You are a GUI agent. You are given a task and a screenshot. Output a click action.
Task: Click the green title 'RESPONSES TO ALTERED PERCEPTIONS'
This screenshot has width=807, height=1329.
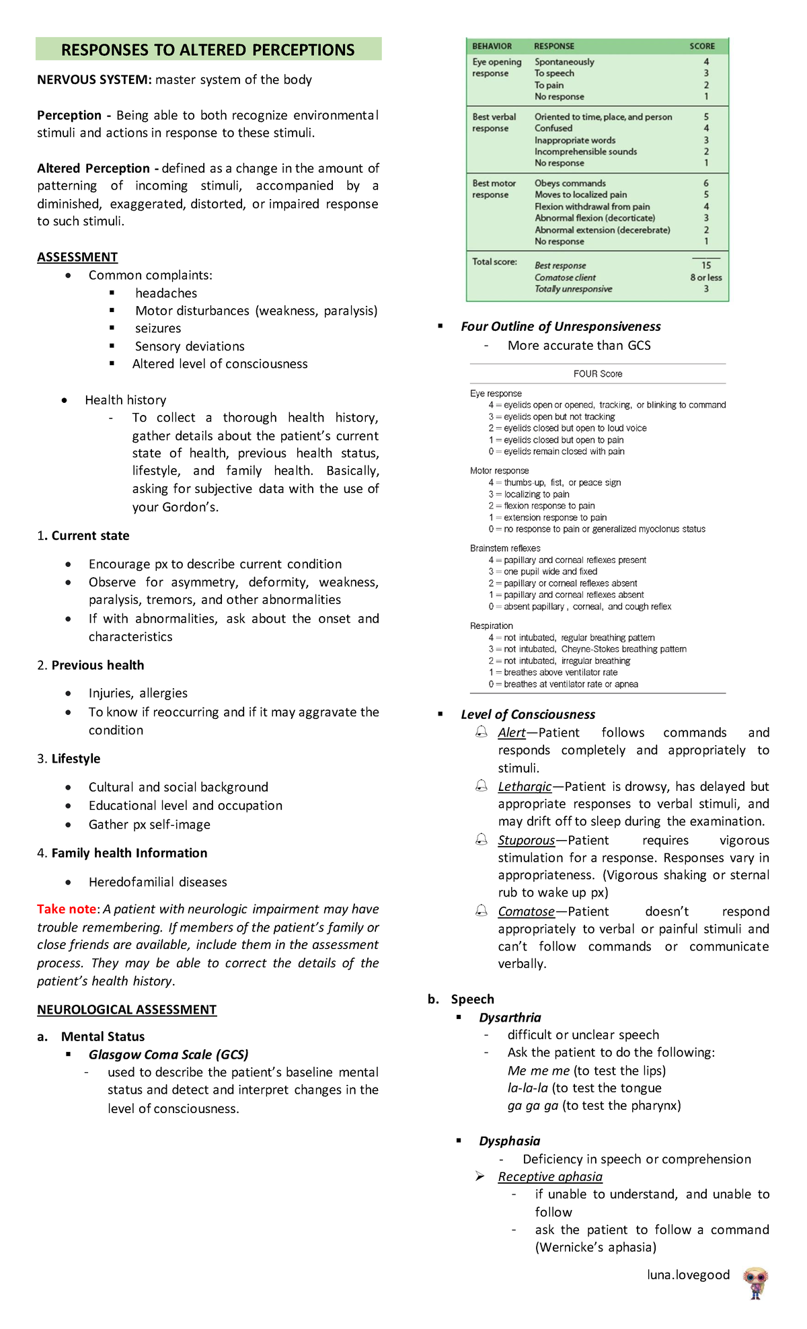208,50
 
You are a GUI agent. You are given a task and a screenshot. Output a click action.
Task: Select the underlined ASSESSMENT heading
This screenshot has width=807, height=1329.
77,257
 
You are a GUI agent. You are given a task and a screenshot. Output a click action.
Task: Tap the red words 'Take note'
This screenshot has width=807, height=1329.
67,909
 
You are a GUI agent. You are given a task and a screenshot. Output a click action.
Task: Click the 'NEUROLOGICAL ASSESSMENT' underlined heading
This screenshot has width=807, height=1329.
126,1009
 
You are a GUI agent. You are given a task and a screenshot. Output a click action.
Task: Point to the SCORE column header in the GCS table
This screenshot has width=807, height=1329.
701,46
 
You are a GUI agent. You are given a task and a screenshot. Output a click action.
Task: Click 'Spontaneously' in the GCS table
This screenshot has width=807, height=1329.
564,62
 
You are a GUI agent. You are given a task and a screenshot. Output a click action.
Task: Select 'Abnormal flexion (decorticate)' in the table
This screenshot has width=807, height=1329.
594,218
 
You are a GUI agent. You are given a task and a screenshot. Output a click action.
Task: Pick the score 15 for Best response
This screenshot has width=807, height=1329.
706,265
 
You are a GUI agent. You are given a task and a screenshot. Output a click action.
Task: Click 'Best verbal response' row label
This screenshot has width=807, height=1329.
494,122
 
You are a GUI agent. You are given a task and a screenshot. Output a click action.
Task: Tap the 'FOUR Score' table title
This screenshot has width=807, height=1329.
598,374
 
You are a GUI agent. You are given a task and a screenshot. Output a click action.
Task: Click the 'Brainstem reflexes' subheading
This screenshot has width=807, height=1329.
505,548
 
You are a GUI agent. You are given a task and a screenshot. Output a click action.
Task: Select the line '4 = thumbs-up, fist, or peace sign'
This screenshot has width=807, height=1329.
555,482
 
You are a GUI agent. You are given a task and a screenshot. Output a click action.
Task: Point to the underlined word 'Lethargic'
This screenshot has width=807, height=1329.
525,786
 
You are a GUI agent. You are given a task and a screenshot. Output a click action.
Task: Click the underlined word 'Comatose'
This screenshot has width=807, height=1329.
526,911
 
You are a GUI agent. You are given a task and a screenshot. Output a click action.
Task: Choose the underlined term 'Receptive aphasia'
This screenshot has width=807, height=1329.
550,1176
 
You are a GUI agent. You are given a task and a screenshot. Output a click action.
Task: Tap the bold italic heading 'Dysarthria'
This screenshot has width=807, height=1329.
510,1018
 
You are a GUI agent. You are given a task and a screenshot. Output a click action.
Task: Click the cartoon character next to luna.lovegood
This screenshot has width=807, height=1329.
755,1283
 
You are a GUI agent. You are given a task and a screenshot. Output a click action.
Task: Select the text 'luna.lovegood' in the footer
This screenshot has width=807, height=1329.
688,1275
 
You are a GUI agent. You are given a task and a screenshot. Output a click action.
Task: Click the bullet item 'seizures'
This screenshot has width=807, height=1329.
158,328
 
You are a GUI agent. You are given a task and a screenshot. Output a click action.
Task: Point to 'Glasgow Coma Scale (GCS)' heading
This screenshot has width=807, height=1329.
169,1054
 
